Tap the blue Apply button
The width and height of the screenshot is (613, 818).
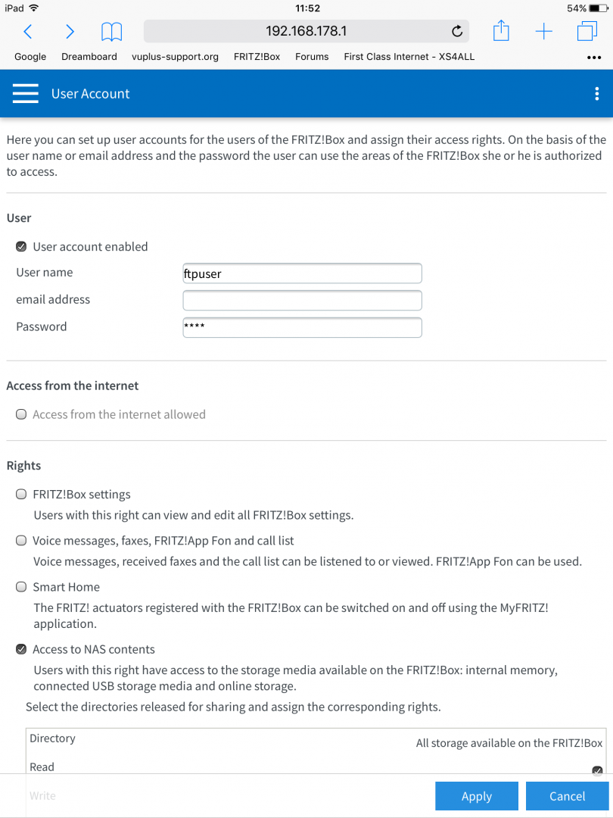tap(477, 796)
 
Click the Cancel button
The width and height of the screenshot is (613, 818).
tap(568, 796)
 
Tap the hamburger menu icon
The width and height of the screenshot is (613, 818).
tap(26, 93)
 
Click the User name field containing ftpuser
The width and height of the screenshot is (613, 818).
tap(302, 273)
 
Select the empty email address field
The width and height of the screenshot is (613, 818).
tap(302, 301)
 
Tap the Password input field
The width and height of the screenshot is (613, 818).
tap(302, 327)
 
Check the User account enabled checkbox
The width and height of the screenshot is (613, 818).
tap(21, 247)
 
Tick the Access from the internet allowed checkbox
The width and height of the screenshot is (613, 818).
tap(21, 415)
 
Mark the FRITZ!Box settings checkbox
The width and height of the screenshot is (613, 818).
tap(21, 495)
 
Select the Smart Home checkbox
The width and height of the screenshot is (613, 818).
tap(21, 587)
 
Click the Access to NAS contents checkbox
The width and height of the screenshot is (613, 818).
tap(21, 649)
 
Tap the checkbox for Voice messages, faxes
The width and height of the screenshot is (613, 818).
tap(21, 541)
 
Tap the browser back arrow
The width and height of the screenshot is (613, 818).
tap(28, 32)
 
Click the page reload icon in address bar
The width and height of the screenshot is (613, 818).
tap(456, 32)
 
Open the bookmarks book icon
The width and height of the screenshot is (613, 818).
tap(111, 32)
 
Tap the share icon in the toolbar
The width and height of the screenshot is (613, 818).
tap(500, 31)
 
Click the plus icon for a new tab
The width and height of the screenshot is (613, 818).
tap(543, 32)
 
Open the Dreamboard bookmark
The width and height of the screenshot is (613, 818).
tap(89, 57)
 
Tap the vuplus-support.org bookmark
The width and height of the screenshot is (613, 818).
tap(175, 57)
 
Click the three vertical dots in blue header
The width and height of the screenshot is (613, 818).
tap(597, 93)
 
